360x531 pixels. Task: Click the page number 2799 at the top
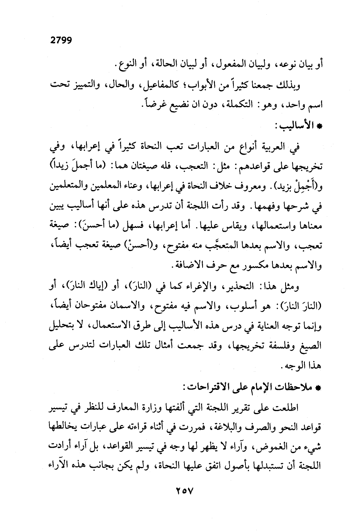click(61, 40)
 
